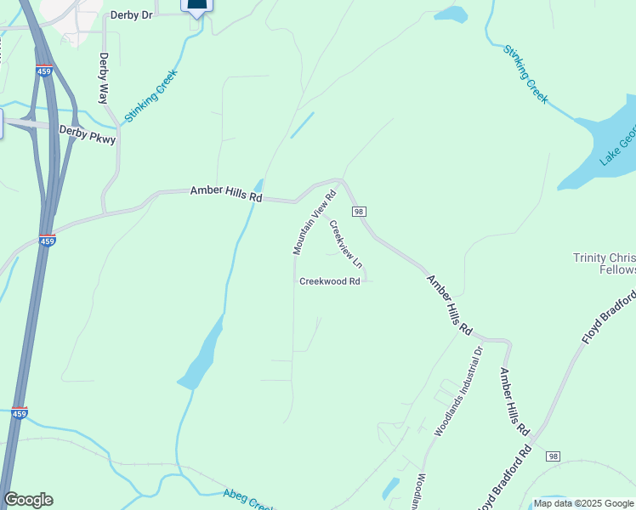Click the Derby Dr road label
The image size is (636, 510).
tap(133, 15)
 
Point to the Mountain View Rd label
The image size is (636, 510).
tap(315, 222)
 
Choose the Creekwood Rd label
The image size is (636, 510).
tap(330, 280)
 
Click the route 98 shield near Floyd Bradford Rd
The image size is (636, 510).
tap(554, 456)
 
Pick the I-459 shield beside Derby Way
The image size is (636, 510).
tap(44, 71)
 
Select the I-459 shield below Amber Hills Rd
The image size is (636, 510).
tap(47, 241)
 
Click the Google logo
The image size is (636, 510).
tap(28, 500)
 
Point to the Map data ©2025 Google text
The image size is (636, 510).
tap(583, 503)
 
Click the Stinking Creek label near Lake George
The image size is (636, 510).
tap(525, 75)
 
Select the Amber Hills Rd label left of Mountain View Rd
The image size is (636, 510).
tap(226, 193)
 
